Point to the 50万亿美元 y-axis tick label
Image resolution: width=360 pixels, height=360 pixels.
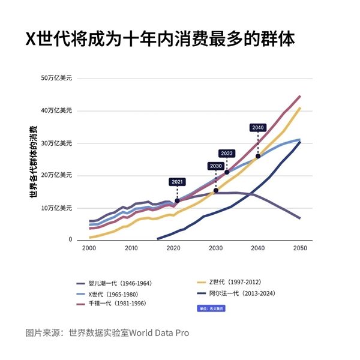click(57, 78)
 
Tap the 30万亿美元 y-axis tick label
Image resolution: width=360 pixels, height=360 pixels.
click(57, 143)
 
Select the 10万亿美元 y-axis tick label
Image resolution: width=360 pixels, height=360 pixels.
click(57, 208)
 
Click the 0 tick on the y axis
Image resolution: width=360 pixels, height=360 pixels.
click(70, 240)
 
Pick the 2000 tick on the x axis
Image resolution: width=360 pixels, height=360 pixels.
click(89, 248)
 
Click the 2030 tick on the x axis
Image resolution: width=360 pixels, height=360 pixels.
click(215, 248)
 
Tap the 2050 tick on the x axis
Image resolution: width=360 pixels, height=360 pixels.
click(300, 248)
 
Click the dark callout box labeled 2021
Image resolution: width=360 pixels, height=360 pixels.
click(177, 182)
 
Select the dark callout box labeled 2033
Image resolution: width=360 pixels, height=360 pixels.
click(227, 154)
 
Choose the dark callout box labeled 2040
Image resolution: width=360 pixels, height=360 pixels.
click(258, 128)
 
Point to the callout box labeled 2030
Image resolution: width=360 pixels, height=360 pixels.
click(215, 166)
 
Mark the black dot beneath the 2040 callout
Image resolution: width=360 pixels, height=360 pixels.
click(258, 156)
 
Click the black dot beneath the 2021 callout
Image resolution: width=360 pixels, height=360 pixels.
click(177, 200)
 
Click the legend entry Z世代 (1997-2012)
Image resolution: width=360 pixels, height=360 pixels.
click(235, 282)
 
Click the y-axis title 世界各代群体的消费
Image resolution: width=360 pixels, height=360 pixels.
click(34, 162)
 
